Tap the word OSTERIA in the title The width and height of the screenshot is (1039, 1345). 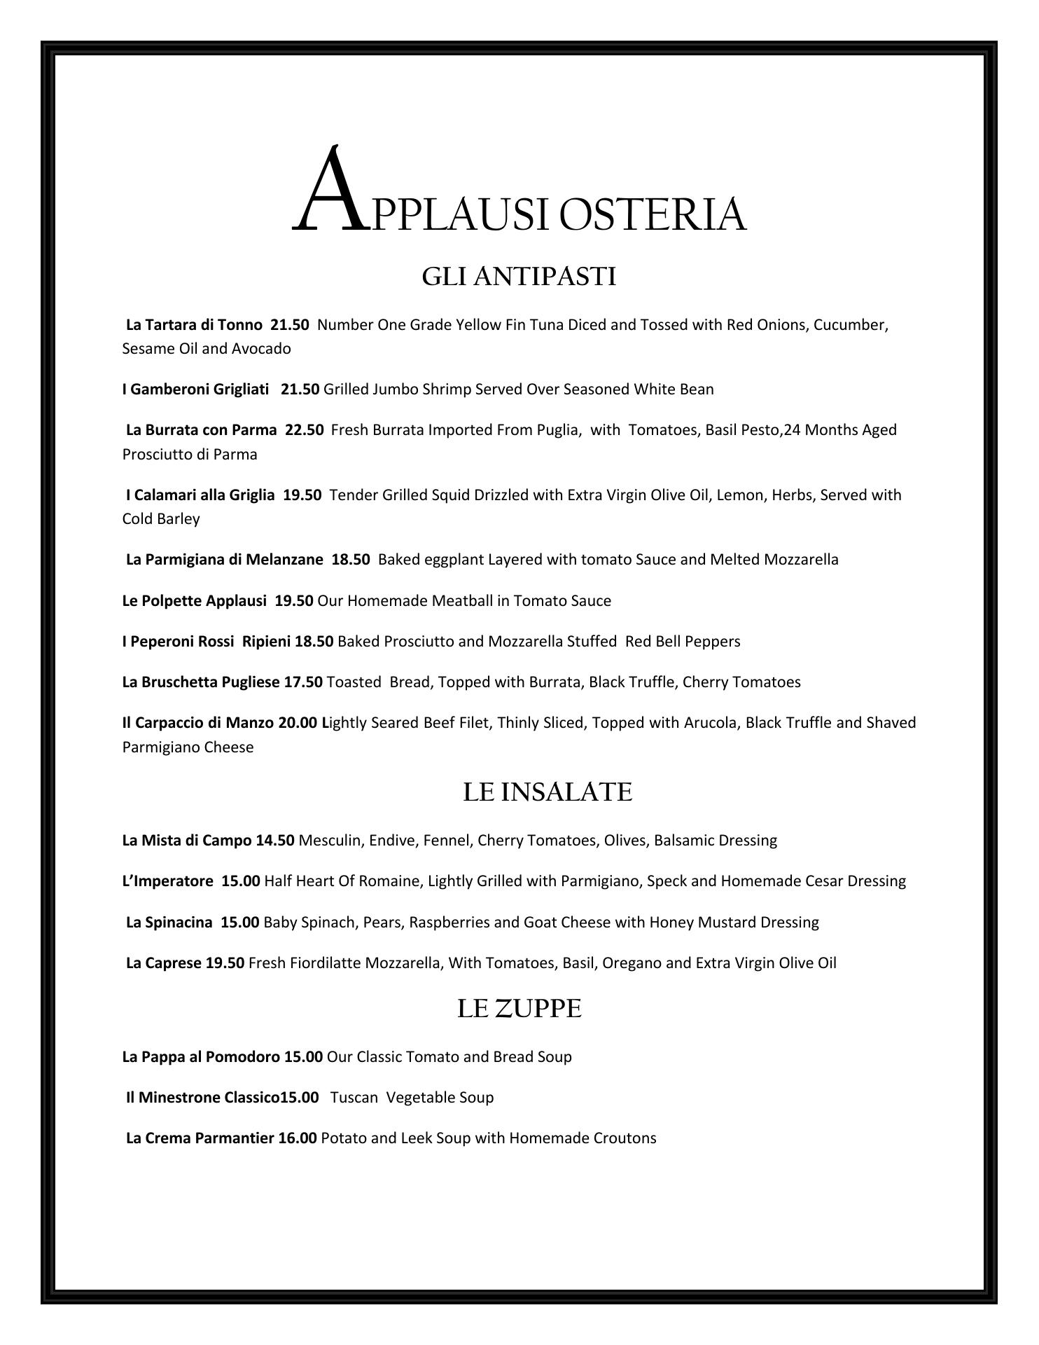click(653, 214)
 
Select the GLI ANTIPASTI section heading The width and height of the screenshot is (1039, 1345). click(519, 277)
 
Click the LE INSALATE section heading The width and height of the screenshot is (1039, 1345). click(548, 792)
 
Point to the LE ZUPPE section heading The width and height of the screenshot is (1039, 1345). click(519, 1009)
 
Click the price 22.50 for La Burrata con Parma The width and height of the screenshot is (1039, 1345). click(304, 430)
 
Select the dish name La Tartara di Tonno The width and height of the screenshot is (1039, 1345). click(194, 325)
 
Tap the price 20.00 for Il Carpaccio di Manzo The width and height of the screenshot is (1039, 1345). click(297, 723)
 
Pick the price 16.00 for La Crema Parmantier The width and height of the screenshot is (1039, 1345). click(297, 1138)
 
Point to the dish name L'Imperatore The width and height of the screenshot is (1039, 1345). click(167, 881)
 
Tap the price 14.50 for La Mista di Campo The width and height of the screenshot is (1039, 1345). click(274, 841)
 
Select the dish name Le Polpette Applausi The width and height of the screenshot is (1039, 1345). click(194, 601)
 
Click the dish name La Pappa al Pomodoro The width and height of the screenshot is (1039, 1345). click(201, 1057)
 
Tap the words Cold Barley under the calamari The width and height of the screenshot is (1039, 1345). click(161, 519)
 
